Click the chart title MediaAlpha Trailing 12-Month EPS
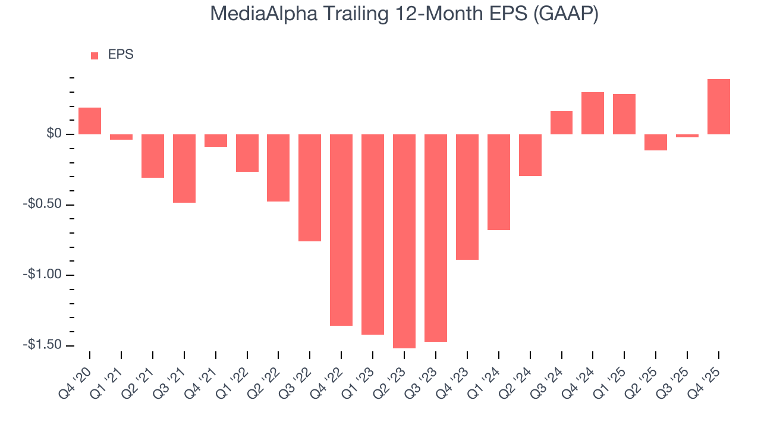coord(404,15)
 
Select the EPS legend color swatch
coord(95,56)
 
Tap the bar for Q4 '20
coord(90,121)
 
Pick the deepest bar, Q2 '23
coord(404,241)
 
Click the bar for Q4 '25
coord(718,107)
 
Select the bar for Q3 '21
coord(184,168)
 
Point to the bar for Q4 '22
coord(341,229)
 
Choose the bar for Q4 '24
coord(593,114)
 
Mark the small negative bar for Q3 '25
coord(687,136)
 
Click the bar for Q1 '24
coord(498,182)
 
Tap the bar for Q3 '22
coord(310,187)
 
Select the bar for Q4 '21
coord(216,140)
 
